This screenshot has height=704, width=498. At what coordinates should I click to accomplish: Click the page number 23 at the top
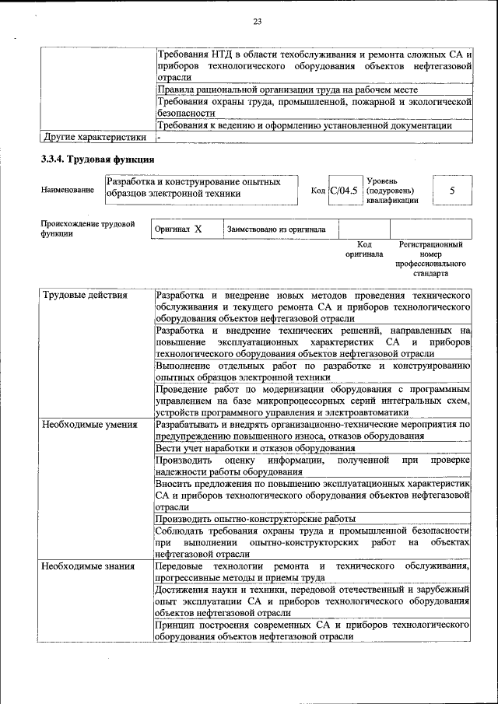pos(257,21)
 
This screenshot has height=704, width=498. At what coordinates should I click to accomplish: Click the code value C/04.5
pos(343,189)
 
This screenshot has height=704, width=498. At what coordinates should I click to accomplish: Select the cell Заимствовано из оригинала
pos(276,229)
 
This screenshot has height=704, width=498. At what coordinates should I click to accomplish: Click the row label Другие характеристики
pos(94,138)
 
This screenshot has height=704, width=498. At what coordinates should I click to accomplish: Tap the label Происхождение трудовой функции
pos(88,229)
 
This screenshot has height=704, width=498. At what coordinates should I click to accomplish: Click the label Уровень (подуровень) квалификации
pos(392,190)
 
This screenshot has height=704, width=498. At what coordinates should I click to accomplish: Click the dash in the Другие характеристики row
pos(159,138)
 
